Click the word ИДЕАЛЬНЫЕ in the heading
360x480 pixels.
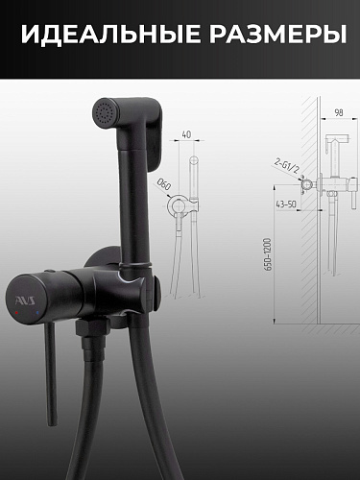click(x=111, y=34)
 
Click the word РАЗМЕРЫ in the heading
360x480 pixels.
click(x=278, y=34)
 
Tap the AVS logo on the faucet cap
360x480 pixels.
click(x=27, y=300)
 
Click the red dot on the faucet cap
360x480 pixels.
click(x=16, y=312)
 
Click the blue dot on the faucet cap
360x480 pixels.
click(x=37, y=312)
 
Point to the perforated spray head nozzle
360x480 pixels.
click(x=105, y=113)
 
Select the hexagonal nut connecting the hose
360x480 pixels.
click(x=91, y=327)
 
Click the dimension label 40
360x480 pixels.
click(x=186, y=134)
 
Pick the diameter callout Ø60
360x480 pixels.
click(x=164, y=184)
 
